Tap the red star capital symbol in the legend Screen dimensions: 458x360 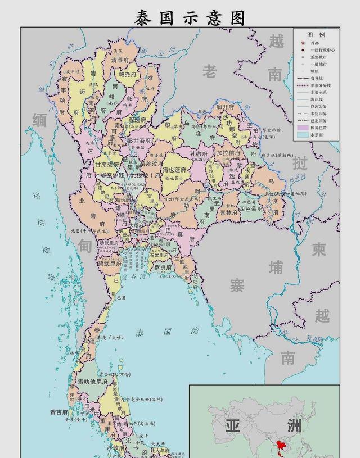tap(303, 43)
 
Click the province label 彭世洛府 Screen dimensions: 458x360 tap(139, 140)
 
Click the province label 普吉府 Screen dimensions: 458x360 tap(59, 412)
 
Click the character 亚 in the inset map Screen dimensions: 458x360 tap(233, 424)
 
